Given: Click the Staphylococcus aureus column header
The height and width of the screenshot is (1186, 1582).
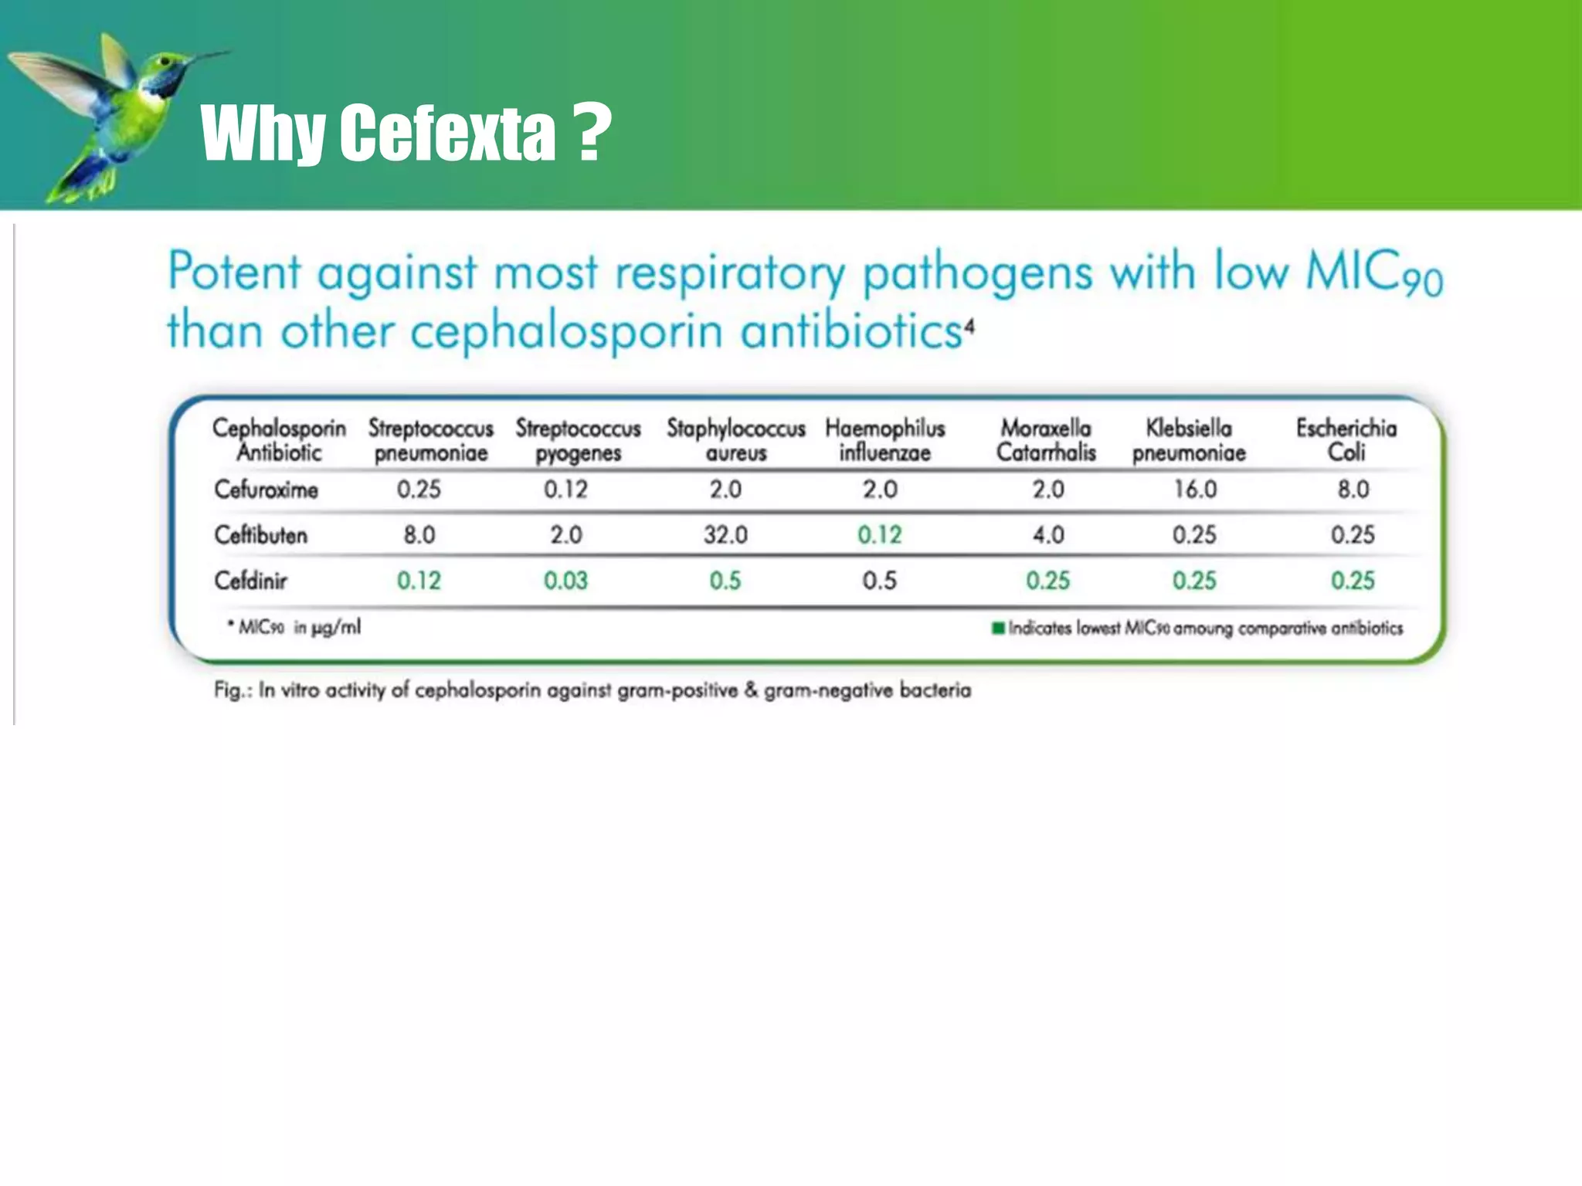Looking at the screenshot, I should point(735,440).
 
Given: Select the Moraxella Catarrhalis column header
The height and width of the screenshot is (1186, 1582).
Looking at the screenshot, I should point(1046,440).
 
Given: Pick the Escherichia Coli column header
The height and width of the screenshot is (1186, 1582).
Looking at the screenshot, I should point(1346,440).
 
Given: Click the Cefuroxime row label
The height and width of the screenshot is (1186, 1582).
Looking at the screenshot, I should point(266,490).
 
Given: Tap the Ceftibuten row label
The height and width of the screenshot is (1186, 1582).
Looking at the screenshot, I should point(260,535).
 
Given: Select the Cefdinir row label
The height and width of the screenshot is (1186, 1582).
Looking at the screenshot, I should point(250,581).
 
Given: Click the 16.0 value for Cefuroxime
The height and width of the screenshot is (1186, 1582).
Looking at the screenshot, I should point(1195,490).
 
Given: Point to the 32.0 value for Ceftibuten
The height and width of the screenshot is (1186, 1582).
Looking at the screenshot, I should point(725,535).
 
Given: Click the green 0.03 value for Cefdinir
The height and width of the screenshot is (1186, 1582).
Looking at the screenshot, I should point(565,581).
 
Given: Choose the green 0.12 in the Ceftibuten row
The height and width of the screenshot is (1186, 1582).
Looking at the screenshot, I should point(879,535).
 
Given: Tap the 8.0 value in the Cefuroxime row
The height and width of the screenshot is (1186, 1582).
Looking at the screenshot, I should point(1353,490).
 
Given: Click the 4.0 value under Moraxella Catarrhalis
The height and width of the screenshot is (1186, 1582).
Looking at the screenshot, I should point(1048,535).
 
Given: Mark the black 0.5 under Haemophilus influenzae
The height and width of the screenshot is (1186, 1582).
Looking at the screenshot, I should point(879,581).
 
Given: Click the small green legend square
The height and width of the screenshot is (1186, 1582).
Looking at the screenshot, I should point(998,628).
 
